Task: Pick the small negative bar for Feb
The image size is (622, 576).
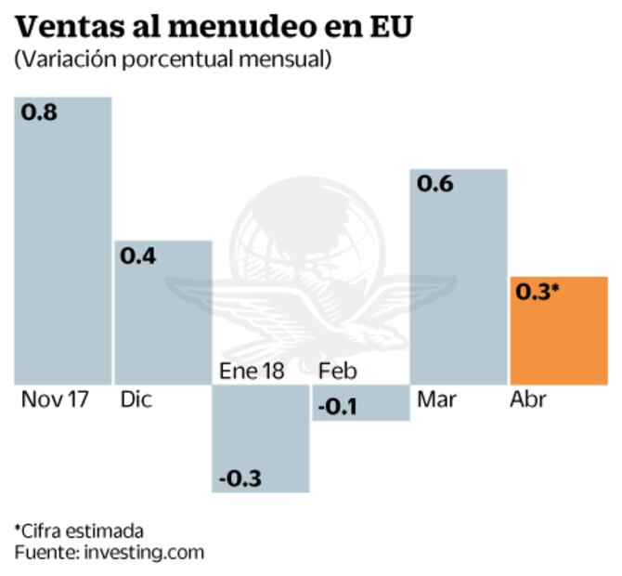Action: tap(360, 403)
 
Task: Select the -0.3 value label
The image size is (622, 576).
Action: tap(240, 478)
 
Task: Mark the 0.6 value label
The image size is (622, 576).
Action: tap(434, 184)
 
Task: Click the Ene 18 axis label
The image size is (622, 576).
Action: tap(252, 371)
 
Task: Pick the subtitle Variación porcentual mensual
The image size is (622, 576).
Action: tap(173, 59)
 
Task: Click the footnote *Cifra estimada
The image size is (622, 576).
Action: tap(78, 530)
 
